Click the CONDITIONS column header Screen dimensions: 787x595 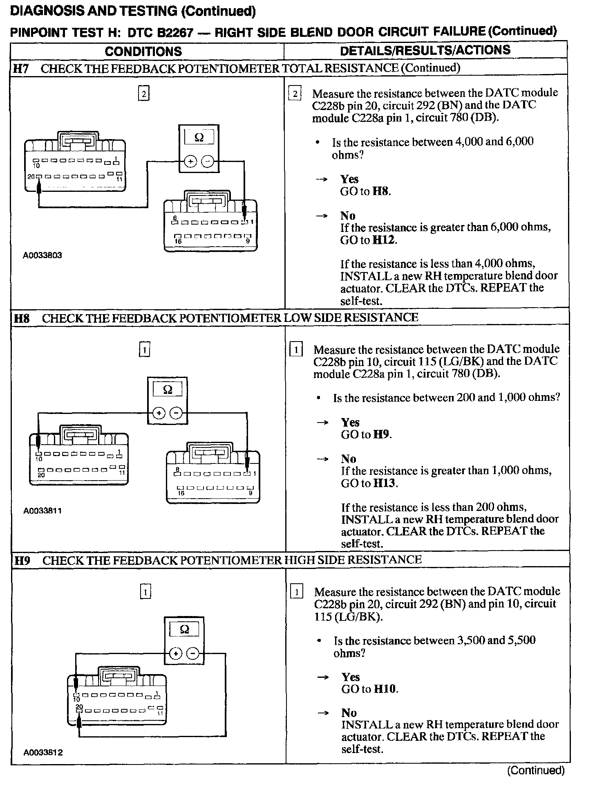click(143, 51)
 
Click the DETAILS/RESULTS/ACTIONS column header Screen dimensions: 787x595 click(425, 50)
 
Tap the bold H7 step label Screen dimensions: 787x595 click(21, 68)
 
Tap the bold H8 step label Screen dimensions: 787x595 click(22, 318)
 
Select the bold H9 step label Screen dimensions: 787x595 click(22, 560)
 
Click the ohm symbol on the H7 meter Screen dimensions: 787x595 click(199, 137)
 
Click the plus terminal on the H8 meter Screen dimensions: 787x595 click(159, 414)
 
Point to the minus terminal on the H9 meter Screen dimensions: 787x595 click(193, 653)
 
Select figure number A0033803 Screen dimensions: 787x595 click(42, 256)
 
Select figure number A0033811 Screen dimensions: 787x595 click(42, 510)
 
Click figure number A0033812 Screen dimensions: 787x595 click(43, 752)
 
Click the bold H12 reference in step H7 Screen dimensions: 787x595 click(384, 240)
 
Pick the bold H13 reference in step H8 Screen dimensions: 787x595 click(385, 483)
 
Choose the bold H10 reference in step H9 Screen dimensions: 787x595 click(385, 689)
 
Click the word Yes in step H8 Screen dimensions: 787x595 click(350, 422)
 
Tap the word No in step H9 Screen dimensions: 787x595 click(349, 713)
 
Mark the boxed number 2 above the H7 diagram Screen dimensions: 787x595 click(143, 94)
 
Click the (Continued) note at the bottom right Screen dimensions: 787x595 click(535, 770)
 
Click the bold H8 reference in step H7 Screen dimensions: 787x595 click(381, 191)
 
